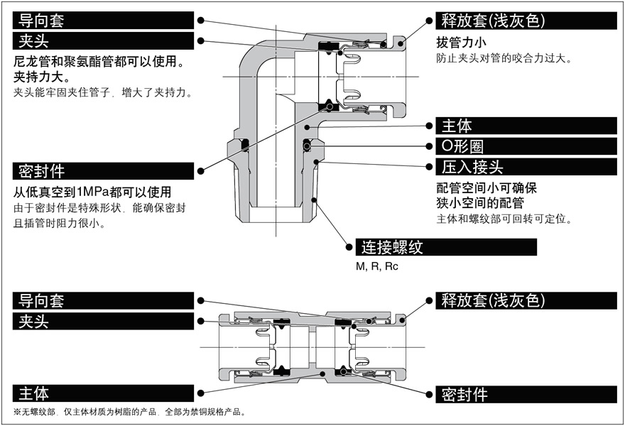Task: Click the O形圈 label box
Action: click(526, 147)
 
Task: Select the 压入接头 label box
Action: click(526, 168)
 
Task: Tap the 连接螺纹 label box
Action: click(447, 248)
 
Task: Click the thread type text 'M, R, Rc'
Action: click(377, 267)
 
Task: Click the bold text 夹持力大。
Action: click(42, 77)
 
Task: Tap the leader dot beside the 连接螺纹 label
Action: click(349, 248)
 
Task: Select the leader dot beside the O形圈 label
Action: click(429, 147)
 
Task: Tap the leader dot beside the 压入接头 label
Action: click(429, 168)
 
